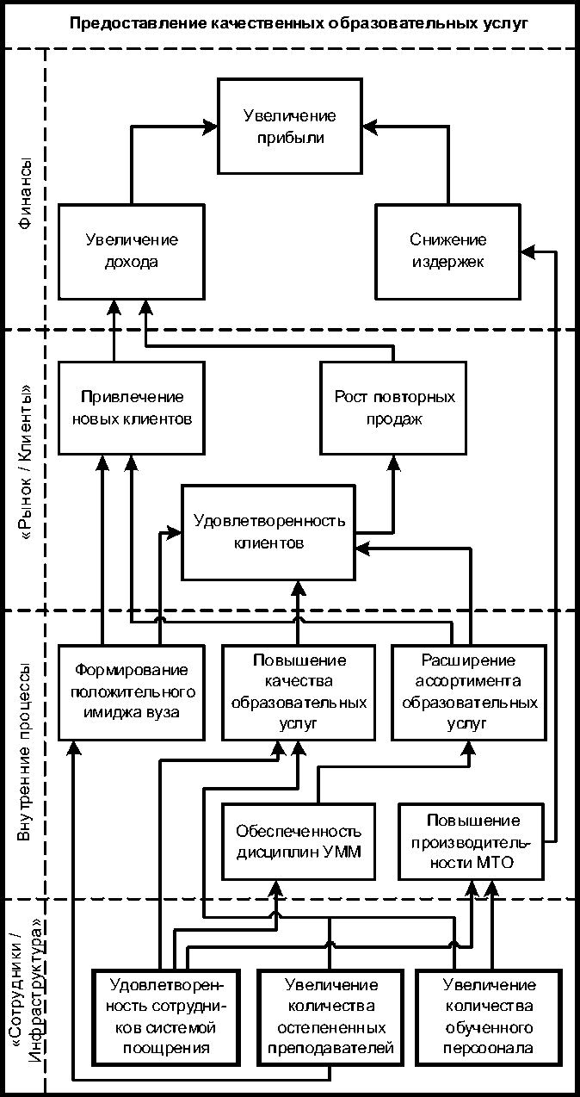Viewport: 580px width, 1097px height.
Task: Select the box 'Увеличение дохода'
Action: point(132,251)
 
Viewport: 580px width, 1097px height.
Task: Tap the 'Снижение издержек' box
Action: point(447,251)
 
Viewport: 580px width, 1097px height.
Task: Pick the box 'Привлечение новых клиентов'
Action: point(132,408)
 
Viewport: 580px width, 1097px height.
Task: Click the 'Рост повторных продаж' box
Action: point(394,408)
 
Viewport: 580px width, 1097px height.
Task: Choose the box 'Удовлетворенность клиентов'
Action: point(268,532)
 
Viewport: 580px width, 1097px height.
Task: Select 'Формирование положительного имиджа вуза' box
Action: point(132,691)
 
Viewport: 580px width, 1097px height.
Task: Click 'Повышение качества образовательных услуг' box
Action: point(299,691)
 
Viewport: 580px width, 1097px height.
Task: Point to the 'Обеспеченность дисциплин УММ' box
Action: point(299,842)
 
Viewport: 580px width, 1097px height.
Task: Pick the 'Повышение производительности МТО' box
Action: point(472,842)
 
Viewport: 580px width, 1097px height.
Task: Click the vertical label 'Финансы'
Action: point(25,191)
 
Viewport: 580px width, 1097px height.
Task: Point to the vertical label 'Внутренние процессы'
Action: point(25,751)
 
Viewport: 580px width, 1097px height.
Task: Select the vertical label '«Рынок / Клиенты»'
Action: point(25,467)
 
